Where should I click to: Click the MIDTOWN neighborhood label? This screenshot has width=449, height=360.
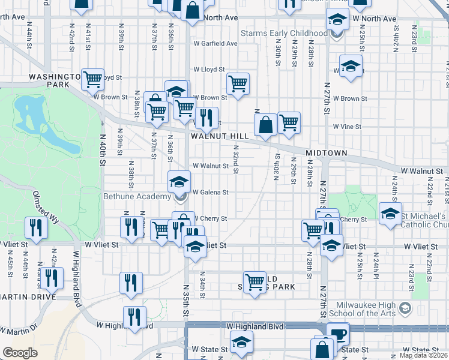pos(327,154)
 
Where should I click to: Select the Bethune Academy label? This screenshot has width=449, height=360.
pos(137,197)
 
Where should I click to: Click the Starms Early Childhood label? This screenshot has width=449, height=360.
pos(284,34)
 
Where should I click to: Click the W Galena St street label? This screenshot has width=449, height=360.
pos(210,192)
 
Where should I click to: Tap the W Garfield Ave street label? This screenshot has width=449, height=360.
pos(215,43)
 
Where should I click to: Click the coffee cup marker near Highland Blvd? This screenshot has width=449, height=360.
pos(338,334)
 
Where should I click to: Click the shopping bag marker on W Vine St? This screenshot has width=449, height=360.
pos(265,125)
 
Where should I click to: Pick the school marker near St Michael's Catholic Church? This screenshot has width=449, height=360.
pos(390,213)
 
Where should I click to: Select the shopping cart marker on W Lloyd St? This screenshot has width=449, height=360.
pos(238,83)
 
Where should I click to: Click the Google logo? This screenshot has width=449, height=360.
pos(20,353)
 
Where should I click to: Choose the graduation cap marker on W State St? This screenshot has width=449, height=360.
pos(242,343)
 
